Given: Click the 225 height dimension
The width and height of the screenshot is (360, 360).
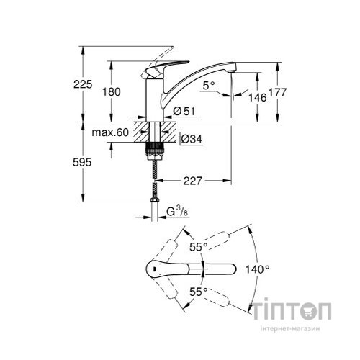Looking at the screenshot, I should click(84, 85).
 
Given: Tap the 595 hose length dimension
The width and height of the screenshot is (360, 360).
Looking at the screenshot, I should click(84, 163).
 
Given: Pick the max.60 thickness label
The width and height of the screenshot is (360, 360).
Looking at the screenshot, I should click(109, 132).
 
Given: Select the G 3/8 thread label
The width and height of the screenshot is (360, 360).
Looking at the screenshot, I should click(176, 212).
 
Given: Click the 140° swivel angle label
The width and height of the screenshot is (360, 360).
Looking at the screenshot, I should click(257, 269).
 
